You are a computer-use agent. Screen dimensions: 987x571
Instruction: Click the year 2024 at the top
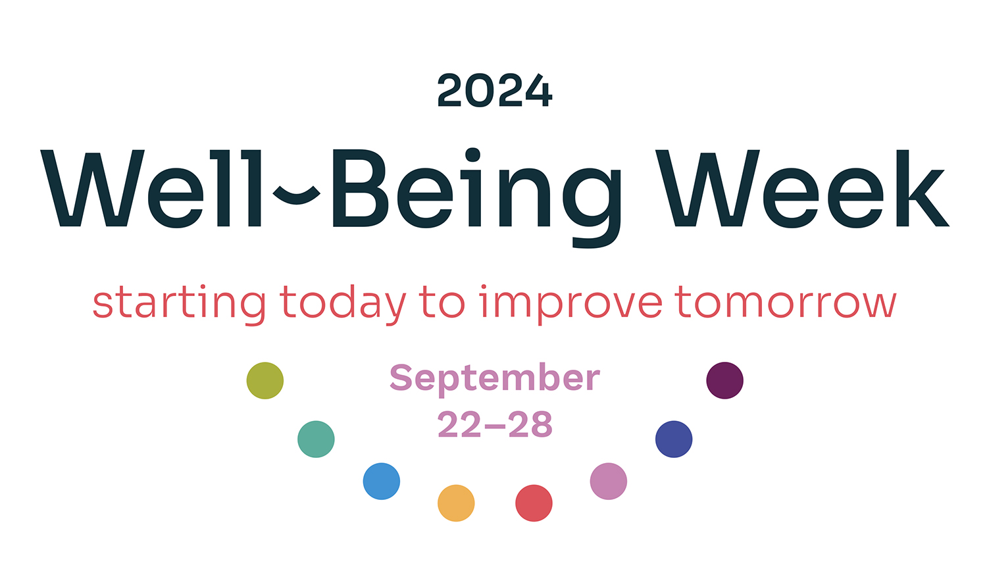click(x=494, y=91)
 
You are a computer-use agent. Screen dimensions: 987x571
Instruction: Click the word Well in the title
click(x=151, y=188)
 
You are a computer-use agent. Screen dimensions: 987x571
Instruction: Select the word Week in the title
click(x=802, y=188)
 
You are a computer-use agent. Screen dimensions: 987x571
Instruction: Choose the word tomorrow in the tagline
click(x=786, y=302)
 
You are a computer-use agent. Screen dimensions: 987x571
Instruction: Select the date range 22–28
click(x=495, y=424)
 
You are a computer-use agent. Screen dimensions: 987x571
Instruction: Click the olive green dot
click(x=265, y=381)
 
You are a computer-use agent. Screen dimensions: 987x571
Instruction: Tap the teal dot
click(x=316, y=439)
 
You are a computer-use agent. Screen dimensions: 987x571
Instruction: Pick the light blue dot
click(x=382, y=481)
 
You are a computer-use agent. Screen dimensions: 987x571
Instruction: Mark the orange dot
click(x=456, y=503)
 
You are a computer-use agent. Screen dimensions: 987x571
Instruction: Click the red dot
click(x=534, y=503)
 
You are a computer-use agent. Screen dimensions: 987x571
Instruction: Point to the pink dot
click(x=609, y=481)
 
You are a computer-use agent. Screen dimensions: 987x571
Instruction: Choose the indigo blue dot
click(x=674, y=439)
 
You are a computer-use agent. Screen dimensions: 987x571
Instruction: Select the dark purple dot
click(x=725, y=381)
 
